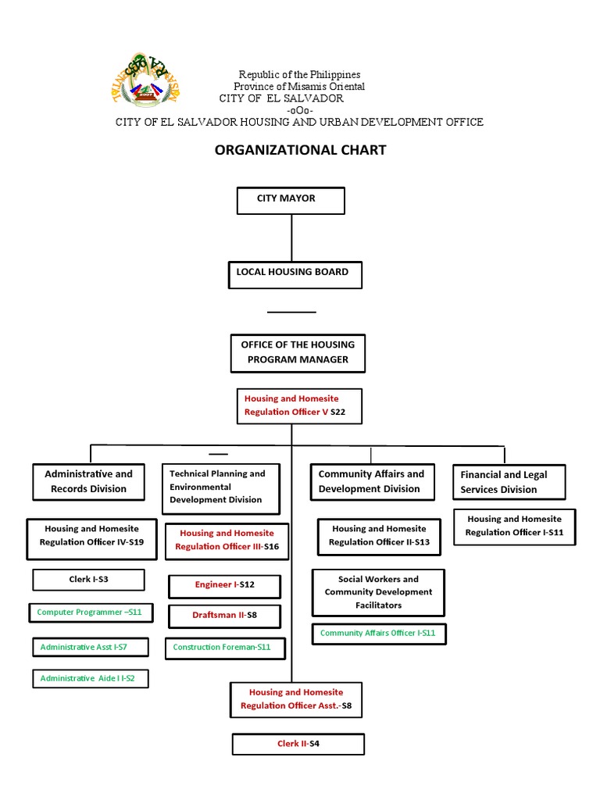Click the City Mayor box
pyautogui.click(x=291, y=199)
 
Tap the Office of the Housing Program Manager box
pyautogui.click(x=298, y=352)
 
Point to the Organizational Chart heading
pyautogui.click(x=300, y=150)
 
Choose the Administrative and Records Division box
pyautogui.click(x=88, y=481)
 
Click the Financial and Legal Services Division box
pyautogui.click(x=509, y=482)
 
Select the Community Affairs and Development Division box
pyautogui.click(x=371, y=481)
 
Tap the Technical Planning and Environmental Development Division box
pyautogui.click(x=217, y=487)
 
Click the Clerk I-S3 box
pyautogui.click(x=88, y=580)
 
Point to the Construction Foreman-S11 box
pyautogui.click(x=224, y=648)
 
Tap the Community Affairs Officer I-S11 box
pyautogui.click(x=379, y=634)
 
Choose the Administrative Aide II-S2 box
pyautogui.click(x=89, y=679)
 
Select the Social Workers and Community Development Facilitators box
pyautogui.click(x=378, y=592)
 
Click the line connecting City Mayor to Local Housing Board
pyautogui.click(x=291, y=237)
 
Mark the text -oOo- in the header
pyautogui.click(x=300, y=110)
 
